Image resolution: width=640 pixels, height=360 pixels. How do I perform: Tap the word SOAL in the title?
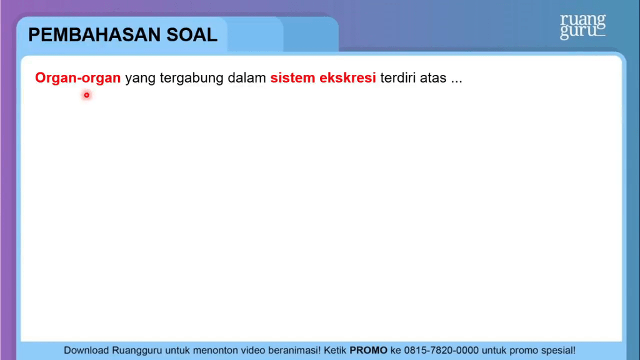pyautogui.click(x=192, y=35)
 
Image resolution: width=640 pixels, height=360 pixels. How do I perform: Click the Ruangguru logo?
pyautogui.click(x=582, y=26)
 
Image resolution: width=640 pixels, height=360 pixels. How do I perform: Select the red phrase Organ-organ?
pyautogui.click(x=78, y=77)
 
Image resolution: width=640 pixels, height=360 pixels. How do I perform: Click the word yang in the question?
pyautogui.click(x=140, y=78)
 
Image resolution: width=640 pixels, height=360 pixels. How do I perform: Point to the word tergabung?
pyautogui.click(x=191, y=78)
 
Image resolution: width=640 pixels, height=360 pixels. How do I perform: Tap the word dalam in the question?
pyautogui.click(x=246, y=77)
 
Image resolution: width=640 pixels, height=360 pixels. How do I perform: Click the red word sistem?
pyautogui.click(x=292, y=77)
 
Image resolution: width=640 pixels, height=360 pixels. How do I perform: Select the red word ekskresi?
pyautogui.click(x=347, y=77)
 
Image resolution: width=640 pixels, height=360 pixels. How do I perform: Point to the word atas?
pyautogui.click(x=433, y=78)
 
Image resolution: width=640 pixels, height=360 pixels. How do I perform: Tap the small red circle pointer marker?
pyautogui.click(x=86, y=95)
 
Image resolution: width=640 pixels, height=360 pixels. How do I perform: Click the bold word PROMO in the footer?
pyautogui.click(x=368, y=350)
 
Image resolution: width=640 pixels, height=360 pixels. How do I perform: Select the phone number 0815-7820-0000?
pyautogui.click(x=441, y=350)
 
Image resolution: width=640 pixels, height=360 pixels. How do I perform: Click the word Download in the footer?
pyautogui.click(x=86, y=350)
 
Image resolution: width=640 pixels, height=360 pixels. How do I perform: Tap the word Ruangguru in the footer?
pyautogui.click(x=137, y=351)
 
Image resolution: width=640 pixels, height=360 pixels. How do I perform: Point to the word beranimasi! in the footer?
pyautogui.click(x=294, y=350)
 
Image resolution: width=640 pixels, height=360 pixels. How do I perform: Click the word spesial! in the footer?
pyautogui.click(x=558, y=351)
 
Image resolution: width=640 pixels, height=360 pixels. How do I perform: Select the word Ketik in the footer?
pyautogui.click(x=335, y=350)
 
